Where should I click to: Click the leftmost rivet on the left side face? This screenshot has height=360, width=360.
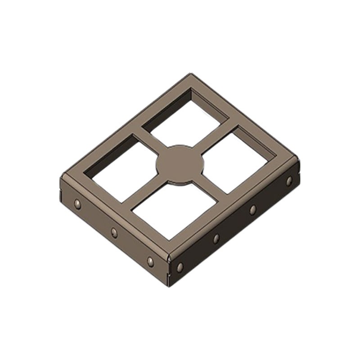point(78,204)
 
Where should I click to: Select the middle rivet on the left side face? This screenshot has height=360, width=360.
point(114,232)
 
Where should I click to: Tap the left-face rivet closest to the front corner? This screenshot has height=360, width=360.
point(150,261)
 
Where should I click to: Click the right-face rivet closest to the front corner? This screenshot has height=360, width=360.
point(180,267)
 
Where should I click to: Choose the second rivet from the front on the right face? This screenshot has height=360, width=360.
point(216,238)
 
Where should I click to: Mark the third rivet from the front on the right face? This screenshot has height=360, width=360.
point(253,210)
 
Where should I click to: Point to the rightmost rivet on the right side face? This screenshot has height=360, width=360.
point(289,181)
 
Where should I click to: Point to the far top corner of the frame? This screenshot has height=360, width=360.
point(191,75)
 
